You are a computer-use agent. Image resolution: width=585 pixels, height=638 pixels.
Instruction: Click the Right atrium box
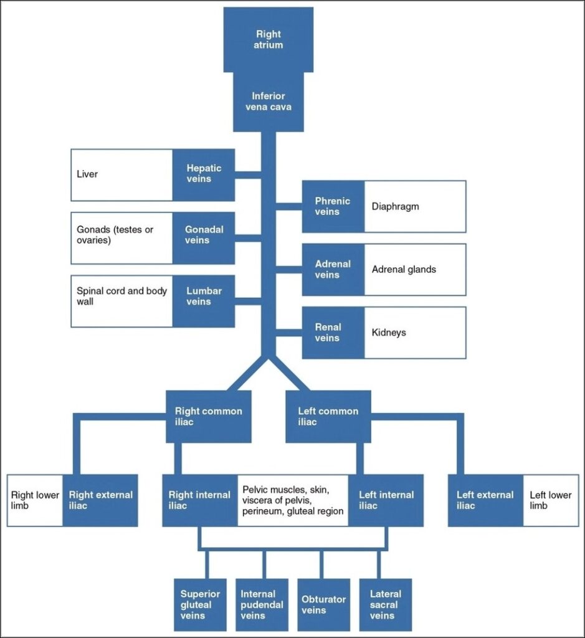(269, 39)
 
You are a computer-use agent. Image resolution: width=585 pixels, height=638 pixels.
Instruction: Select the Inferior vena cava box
(269, 102)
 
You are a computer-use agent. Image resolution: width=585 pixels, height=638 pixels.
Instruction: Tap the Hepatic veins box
(203, 174)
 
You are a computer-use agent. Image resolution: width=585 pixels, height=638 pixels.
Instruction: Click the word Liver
(87, 174)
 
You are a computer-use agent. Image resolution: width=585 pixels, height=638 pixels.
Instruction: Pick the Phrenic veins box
(333, 206)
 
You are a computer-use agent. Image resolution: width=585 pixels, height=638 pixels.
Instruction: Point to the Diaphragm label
(395, 207)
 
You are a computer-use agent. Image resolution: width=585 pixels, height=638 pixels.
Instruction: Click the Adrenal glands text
(404, 270)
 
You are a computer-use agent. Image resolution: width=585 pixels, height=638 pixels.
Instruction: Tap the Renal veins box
(333, 333)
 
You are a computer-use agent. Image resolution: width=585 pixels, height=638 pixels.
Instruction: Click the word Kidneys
(389, 333)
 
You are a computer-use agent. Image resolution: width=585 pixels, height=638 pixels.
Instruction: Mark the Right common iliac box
(208, 416)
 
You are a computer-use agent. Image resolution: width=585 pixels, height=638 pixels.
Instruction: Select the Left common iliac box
(328, 416)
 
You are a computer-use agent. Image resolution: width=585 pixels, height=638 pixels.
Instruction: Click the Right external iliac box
(100, 500)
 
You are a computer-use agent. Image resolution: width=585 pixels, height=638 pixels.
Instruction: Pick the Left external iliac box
(485, 500)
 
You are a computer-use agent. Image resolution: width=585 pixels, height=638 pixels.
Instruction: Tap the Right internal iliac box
(199, 500)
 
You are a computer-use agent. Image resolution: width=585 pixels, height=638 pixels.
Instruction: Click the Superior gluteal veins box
(200, 604)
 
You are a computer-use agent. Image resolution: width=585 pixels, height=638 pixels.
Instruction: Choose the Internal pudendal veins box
(262, 604)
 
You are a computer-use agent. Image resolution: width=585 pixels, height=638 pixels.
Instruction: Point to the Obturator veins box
(323, 604)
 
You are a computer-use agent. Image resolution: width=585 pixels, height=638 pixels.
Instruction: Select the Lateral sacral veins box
(385, 604)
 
